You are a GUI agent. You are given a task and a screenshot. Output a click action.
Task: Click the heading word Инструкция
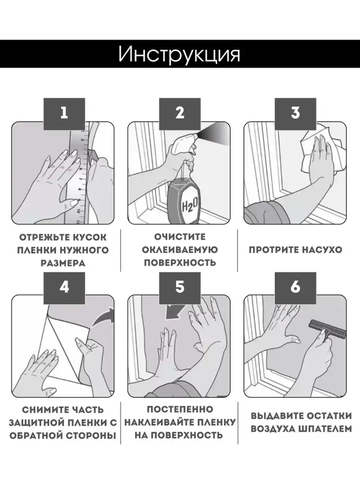point(179,55)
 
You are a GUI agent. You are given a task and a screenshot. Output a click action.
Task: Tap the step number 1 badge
point(64,114)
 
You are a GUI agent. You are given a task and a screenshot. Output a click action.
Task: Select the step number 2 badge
point(180,114)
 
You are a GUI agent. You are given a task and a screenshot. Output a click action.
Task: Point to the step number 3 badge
point(295,114)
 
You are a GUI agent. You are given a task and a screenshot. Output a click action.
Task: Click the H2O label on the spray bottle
point(190,206)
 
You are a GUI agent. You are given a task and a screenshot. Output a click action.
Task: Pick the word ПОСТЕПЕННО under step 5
point(180,409)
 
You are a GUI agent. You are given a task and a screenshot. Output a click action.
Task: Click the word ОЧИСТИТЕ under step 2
point(180,237)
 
